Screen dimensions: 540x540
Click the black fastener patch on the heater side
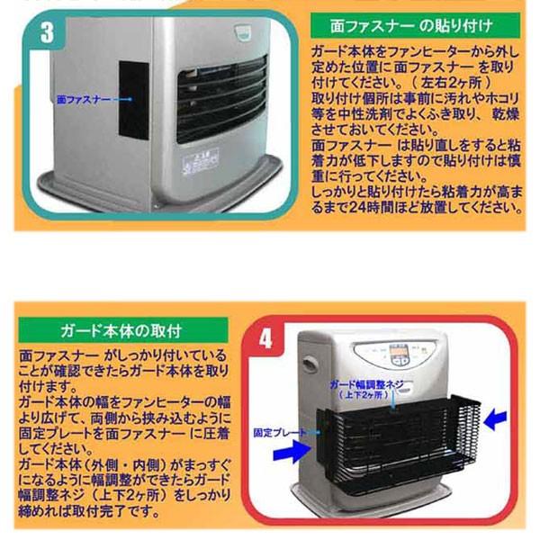(133, 99)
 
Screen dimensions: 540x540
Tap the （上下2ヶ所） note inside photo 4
(364, 395)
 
